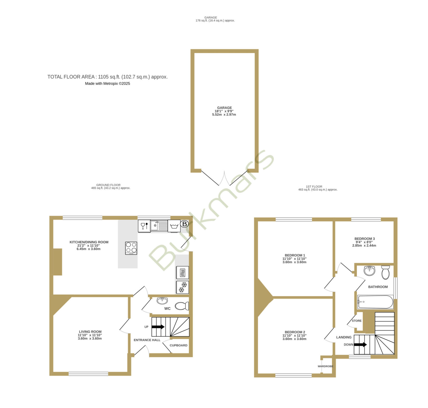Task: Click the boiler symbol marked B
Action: tap(184, 224)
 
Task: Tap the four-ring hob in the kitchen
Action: tap(131, 248)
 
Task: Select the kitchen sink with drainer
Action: tap(159, 226)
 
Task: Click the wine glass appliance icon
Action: tap(144, 226)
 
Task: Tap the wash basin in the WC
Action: tap(162, 301)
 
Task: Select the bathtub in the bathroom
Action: tap(375, 302)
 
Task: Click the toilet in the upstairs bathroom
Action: tap(385, 272)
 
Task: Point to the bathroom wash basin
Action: tap(369, 271)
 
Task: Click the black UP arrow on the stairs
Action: tap(158, 327)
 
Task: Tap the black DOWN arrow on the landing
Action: tap(360, 345)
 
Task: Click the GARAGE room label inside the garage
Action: tap(224, 108)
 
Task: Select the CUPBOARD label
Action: tap(178, 345)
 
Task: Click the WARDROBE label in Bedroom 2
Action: tap(326, 366)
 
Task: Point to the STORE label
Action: tap(357, 321)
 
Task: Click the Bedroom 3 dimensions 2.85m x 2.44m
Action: tap(364, 245)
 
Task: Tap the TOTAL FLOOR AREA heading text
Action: tap(108, 77)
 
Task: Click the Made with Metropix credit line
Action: tap(108, 84)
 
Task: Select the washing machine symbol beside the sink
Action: tap(174, 226)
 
